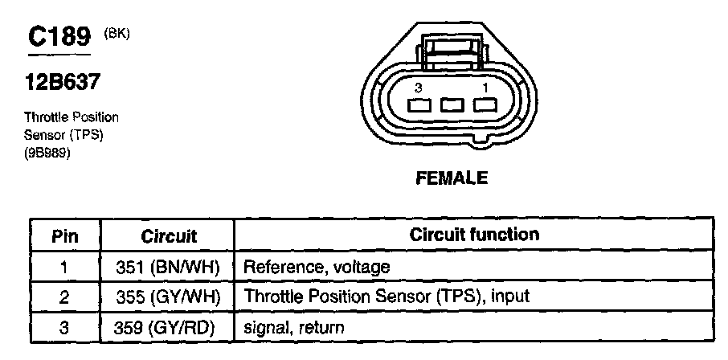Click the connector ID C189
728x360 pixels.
[59, 39]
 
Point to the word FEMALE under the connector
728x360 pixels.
[452, 178]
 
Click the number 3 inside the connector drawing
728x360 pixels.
[418, 87]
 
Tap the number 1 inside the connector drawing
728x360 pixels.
[484, 87]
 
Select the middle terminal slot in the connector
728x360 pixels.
[451, 105]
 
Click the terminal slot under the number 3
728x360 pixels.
[418, 105]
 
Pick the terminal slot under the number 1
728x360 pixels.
[484, 105]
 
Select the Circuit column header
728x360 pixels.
[169, 236]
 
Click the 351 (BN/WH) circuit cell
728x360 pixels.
[169, 267]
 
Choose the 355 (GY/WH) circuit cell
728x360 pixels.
[169, 297]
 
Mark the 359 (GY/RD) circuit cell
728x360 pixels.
[169, 327]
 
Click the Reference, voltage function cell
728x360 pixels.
[316, 267]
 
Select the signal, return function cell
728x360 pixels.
[293, 327]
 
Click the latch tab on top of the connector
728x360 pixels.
[451, 52]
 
